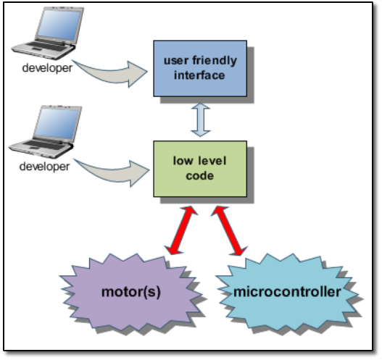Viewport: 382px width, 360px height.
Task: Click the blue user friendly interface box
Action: pyautogui.click(x=200, y=68)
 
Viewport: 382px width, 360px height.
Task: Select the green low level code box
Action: pyautogui.click(x=200, y=169)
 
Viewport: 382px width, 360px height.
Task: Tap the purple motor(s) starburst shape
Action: pyautogui.click(x=130, y=292)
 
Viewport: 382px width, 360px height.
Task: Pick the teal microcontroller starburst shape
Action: pyautogui.click(x=287, y=292)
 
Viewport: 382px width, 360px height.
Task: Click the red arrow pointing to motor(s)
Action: pyautogui.click(x=181, y=230)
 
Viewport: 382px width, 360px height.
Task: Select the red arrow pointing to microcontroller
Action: pyautogui.click(x=229, y=231)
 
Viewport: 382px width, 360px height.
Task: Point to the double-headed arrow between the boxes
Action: pyautogui.click(x=201, y=120)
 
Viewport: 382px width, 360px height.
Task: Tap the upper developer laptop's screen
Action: pyautogui.click(x=59, y=25)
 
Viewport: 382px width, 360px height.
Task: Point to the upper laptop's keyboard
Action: pyautogui.click(x=46, y=46)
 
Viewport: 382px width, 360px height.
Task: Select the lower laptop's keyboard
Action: pyautogui.click(x=44, y=146)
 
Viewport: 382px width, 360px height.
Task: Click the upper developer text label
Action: pyautogui.click(x=47, y=68)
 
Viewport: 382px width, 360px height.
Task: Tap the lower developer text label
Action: pyautogui.click(x=45, y=167)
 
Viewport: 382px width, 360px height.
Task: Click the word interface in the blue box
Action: pyautogui.click(x=199, y=75)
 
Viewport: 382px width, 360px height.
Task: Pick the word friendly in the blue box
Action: pyautogui.click(x=215, y=61)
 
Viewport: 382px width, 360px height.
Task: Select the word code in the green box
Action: pyautogui.click(x=200, y=176)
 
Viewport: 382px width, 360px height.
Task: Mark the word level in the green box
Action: pyautogui.click(x=212, y=161)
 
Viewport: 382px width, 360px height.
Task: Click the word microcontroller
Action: pyautogui.click(x=287, y=292)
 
